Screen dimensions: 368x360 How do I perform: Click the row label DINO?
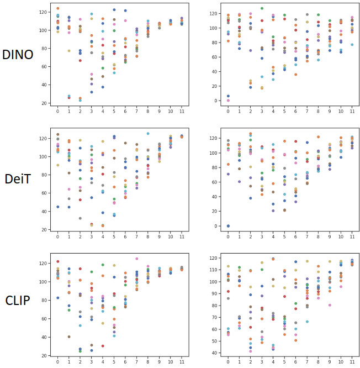[18, 54]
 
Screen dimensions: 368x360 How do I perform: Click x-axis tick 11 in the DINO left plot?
[182, 111]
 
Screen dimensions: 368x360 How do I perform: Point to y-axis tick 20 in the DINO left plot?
[44, 103]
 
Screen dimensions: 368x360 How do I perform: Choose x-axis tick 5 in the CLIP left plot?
[114, 363]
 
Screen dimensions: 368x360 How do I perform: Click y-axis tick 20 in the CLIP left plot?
[44, 355]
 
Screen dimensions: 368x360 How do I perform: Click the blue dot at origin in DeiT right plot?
[228, 226]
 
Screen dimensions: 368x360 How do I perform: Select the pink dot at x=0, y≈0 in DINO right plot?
[228, 100]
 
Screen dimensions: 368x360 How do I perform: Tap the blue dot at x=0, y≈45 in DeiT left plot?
[58, 207]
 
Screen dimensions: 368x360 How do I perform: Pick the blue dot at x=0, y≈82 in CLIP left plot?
[58, 298]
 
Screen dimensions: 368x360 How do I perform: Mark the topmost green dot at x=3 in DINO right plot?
[262, 9]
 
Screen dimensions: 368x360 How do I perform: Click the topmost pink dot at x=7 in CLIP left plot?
[136, 259]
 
